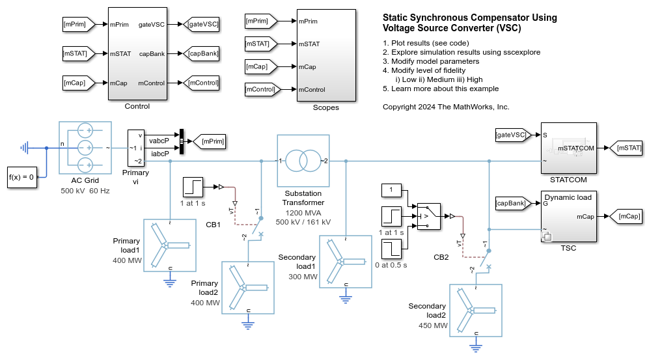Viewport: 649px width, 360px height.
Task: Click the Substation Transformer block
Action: click(303, 161)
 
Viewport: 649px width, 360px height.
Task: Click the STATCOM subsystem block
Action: click(568, 148)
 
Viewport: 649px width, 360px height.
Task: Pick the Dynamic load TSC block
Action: click(568, 217)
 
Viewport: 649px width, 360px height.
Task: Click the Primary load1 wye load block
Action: click(169, 243)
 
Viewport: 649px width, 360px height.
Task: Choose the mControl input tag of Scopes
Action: click(262, 89)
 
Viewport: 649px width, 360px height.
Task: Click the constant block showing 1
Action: click(391, 189)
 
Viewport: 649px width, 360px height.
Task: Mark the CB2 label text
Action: click(441, 256)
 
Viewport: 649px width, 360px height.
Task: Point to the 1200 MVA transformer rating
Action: click(303, 212)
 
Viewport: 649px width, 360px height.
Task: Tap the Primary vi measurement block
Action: click(137, 146)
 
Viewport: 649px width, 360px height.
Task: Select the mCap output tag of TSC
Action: click(628, 216)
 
